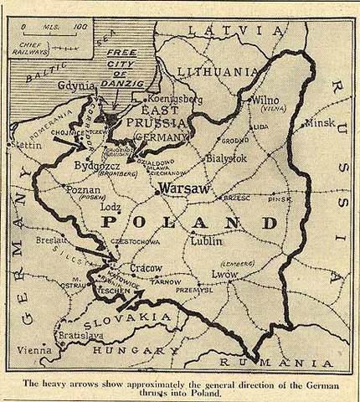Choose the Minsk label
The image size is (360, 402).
coord(321,122)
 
